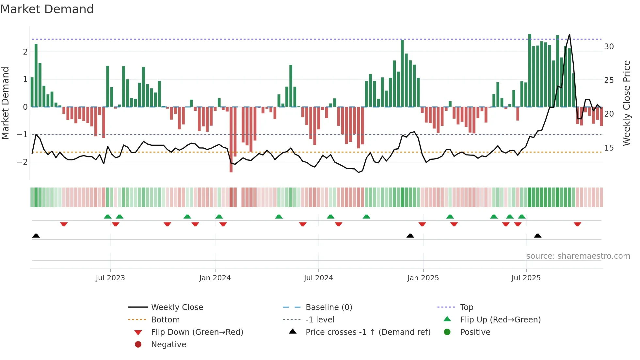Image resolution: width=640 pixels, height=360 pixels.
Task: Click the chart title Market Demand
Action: tap(47, 9)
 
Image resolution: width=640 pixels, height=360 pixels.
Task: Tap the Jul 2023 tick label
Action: tap(110, 278)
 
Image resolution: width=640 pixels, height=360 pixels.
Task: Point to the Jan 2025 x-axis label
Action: tap(423, 278)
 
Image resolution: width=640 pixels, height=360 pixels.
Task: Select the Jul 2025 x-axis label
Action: tap(526, 278)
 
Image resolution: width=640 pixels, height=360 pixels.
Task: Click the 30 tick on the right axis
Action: tap(609, 47)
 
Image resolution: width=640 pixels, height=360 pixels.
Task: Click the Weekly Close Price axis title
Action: tap(626, 103)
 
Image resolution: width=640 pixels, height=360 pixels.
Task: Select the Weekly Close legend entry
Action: tap(177, 307)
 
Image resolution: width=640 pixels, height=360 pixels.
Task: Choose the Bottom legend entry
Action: tap(165, 320)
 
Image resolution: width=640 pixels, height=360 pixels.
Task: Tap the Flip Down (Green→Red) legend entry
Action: tap(197, 332)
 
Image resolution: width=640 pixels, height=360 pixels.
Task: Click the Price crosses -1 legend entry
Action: tap(368, 332)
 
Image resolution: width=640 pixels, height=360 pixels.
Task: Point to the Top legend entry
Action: tap(466, 307)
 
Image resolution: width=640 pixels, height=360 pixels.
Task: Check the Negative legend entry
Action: tap(168, 345)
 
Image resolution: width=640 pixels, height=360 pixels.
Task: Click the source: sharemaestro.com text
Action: tap(578, 256)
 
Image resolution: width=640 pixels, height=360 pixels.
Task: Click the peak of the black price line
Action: tap(569, 34)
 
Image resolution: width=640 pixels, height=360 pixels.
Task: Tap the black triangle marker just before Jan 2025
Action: tap(410, 236)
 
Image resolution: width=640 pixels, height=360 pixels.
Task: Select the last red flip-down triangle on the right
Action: tap(577, 224)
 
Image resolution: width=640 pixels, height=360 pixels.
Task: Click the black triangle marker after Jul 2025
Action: tap(537, 236)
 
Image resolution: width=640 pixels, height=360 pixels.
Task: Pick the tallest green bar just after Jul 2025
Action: tap(530, 70)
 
